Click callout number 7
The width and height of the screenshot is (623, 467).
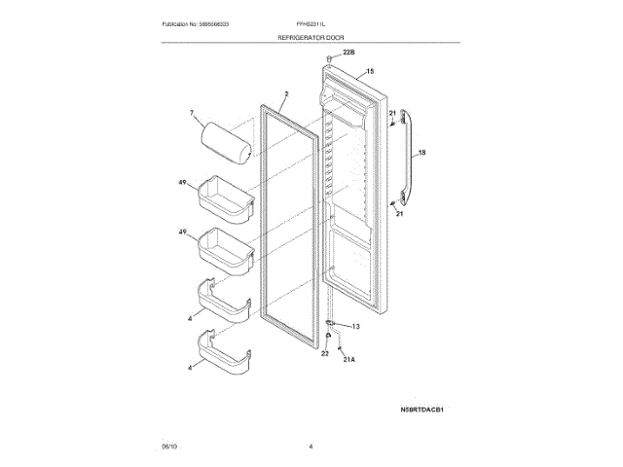(x=193, y=114)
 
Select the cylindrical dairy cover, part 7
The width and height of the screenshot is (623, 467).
(x=226, y=139)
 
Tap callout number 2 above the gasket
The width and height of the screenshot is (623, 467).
(x=286, y=94)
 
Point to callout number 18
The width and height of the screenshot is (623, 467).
(x=421, y=153)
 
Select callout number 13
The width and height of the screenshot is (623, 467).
(x=355, y=326)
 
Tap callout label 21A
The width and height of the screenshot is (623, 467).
(x=349, y=359)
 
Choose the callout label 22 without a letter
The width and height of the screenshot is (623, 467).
(x=325, y=354)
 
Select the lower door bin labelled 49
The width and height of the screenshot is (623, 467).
(x=227, y=248)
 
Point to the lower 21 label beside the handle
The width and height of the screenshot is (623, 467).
(x=399, y=214)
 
